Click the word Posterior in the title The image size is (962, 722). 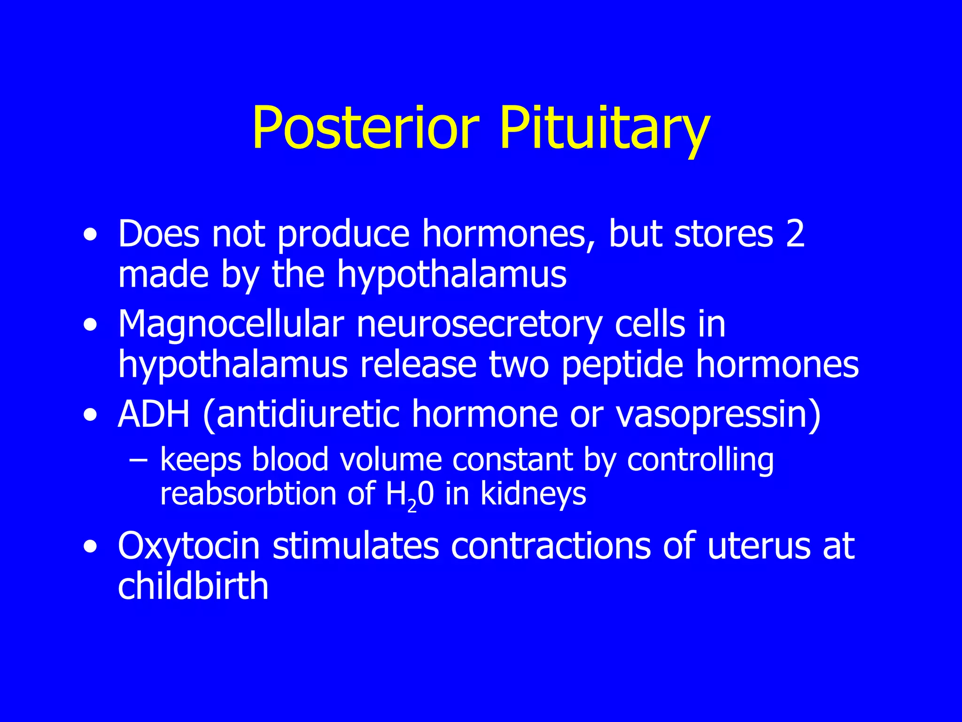[365, 128]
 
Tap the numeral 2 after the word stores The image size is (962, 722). [795, 234]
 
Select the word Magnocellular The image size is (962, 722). [231, 324]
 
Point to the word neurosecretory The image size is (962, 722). [479, 324]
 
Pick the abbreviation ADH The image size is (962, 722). [154, 414]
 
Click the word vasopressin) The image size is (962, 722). [718, 414]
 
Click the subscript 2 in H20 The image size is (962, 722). [412, 505]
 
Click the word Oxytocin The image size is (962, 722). [189, 546]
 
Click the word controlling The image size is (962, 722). [700, 460]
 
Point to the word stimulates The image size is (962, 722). [356, 546]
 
